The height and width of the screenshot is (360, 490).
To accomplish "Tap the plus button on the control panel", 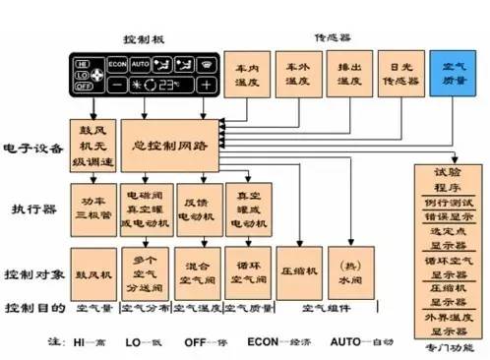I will [205, 85].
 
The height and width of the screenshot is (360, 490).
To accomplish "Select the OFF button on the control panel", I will [82, 86].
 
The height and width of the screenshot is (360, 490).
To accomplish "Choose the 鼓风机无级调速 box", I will [92, 144].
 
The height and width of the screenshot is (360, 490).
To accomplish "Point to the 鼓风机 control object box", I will [92, 267].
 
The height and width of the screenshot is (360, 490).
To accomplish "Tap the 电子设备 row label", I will [30, 147].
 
